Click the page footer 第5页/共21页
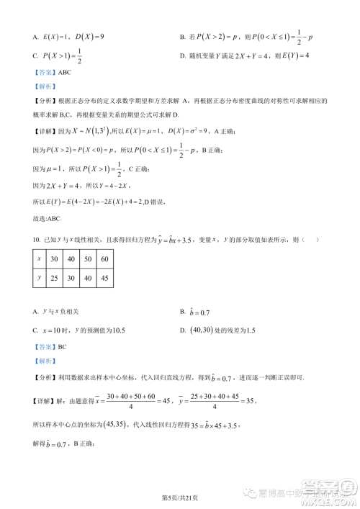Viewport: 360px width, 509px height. [180, 498]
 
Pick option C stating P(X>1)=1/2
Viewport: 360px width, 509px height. [62, 58]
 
